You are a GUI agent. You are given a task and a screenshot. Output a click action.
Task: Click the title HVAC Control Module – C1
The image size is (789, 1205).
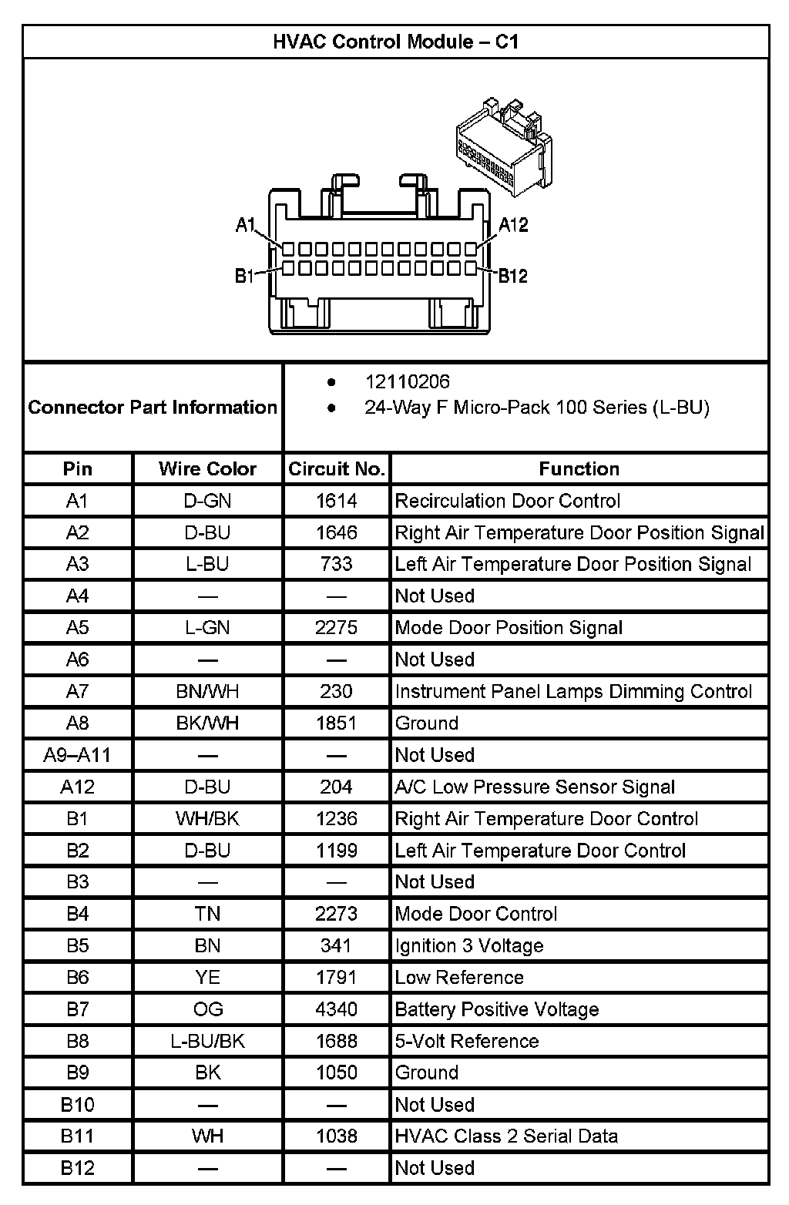pos(395,42)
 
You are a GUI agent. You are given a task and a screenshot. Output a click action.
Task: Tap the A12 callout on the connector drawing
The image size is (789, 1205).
pos(513,225)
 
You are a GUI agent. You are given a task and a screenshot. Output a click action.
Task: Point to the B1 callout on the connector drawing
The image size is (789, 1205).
pos(244,276)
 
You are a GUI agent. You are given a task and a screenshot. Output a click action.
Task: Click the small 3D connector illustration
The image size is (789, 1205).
pos(502,146)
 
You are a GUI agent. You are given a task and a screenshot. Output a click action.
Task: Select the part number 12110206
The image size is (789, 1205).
pos(407,382)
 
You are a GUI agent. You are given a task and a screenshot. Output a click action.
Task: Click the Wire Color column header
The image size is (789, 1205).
pos(207,469)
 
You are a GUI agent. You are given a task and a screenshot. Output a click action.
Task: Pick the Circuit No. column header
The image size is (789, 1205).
pos(337,469)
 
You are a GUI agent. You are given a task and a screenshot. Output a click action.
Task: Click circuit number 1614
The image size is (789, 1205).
pos(337,501)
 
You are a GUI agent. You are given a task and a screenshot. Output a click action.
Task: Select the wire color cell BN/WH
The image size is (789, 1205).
pos(207,691)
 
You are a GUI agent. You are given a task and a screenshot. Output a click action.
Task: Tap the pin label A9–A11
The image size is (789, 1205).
pos(77,755)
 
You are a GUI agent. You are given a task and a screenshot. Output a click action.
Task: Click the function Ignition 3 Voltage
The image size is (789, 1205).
pos(469,945)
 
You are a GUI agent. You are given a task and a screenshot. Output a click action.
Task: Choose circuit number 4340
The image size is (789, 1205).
pos(337,1009)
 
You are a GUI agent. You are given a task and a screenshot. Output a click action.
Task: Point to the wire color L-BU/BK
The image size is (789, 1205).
pos(207,1041)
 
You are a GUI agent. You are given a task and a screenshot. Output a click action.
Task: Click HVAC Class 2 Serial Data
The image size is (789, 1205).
pos(506,1136)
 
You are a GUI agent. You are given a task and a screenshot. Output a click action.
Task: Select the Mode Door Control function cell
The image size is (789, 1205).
pos(476,914)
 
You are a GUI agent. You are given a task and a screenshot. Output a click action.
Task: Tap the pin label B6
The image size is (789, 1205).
pos(77,978)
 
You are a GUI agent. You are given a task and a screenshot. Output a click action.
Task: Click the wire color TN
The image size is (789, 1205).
pos(207,914)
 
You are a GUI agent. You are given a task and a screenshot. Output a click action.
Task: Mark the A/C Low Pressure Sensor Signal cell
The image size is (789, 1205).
pos(535,787)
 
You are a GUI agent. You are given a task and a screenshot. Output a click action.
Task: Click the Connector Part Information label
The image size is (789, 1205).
pos(153,407)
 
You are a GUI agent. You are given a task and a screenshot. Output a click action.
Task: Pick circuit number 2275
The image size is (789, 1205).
pos(337,628)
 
